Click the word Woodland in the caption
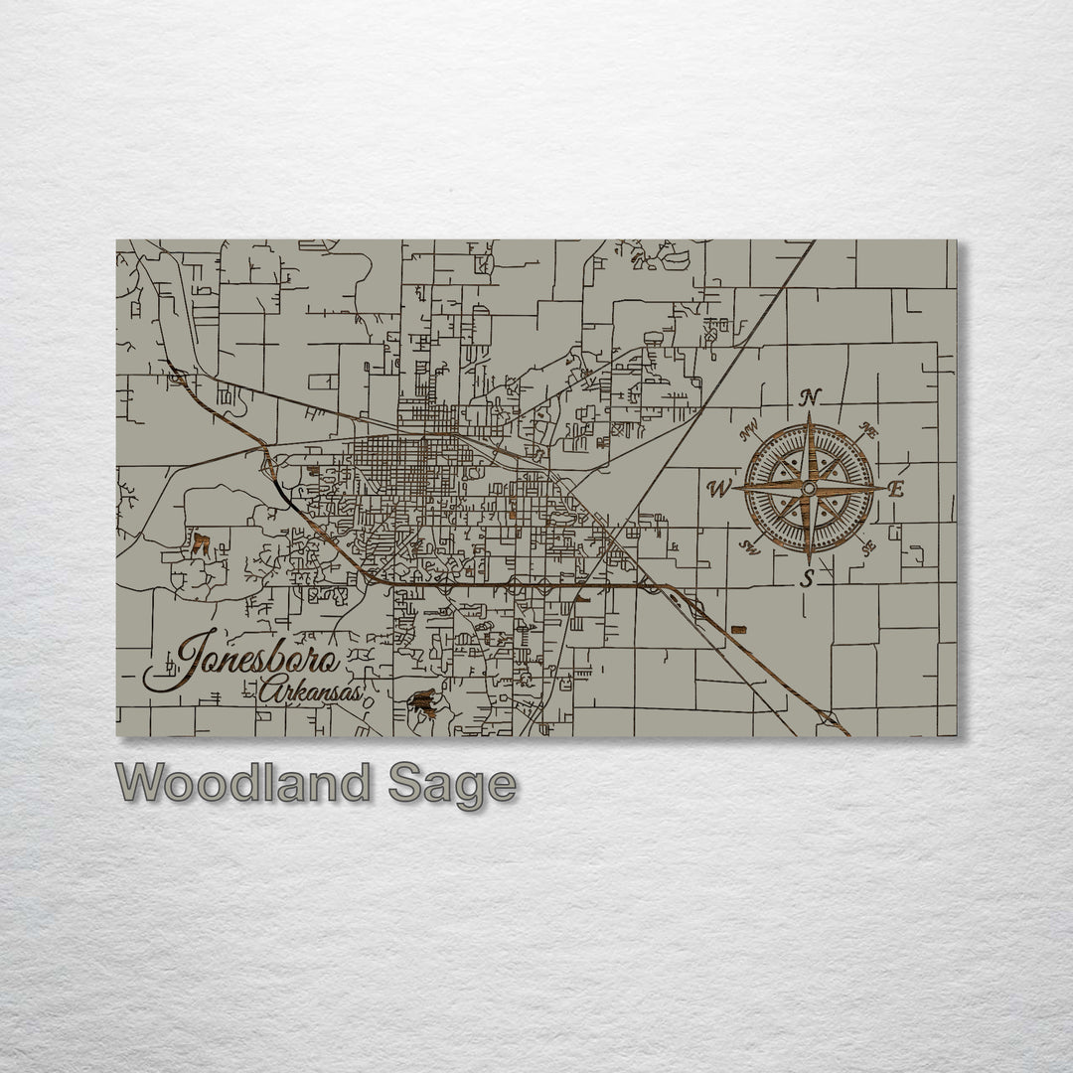click(x=242, y=784)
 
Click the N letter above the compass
click(x=811, y=397)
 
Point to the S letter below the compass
click(x=809, y=579)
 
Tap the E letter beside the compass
click(x=896, y=489)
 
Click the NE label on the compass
click(x=866, y=432)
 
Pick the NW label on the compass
click(x=752, y=433)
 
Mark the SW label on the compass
click(x=752, y=545)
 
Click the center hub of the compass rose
click(x=809, y=489)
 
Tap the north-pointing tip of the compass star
click(x=810, y=415)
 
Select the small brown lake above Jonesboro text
click(x=201, y=543)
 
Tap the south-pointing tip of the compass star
click(x=809, y=562)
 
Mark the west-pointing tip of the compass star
click(x=734, y=489)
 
